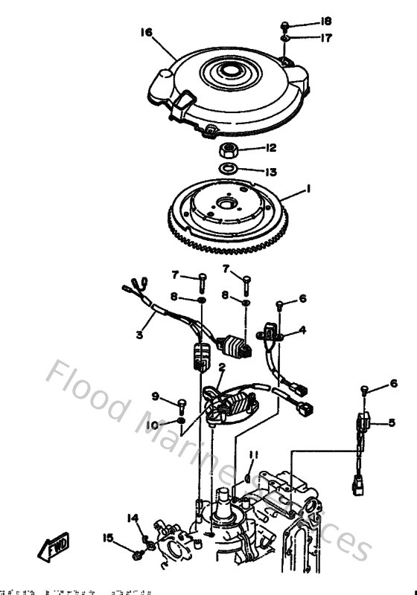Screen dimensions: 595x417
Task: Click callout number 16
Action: (x=145, y=32)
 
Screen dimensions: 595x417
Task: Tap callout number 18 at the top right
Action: (x=325, y=21)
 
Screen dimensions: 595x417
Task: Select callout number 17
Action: (x=325, y=36)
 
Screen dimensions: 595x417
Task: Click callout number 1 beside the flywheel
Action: (x=308, y=191)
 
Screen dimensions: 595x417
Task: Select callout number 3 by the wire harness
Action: (x=139, y=335)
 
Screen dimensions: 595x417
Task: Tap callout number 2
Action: (x=221, y=367)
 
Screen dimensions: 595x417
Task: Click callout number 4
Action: (x=302, y=329)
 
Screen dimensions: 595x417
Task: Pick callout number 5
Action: (x=391, y=424)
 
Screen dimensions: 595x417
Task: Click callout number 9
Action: (x=156, y=395)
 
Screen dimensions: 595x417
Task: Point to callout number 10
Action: (x=154, y=424)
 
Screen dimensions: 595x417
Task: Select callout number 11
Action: (x=253, y=454)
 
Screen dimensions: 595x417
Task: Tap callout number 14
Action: (x=133, y=518)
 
